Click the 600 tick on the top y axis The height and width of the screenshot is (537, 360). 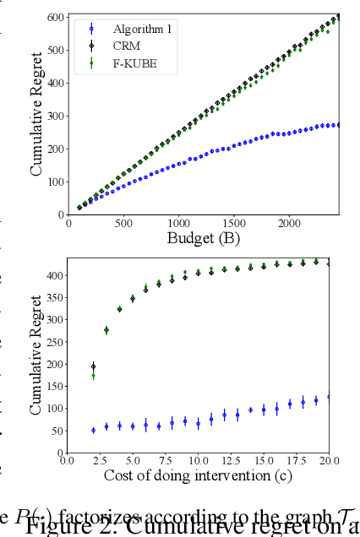click(56, 17)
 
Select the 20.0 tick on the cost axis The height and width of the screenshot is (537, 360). click(329, 460)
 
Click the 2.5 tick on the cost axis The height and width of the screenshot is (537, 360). click(100, 460)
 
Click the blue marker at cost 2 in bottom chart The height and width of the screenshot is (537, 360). click(93, 430)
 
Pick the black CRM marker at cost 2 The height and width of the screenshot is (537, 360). click(93, 366)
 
